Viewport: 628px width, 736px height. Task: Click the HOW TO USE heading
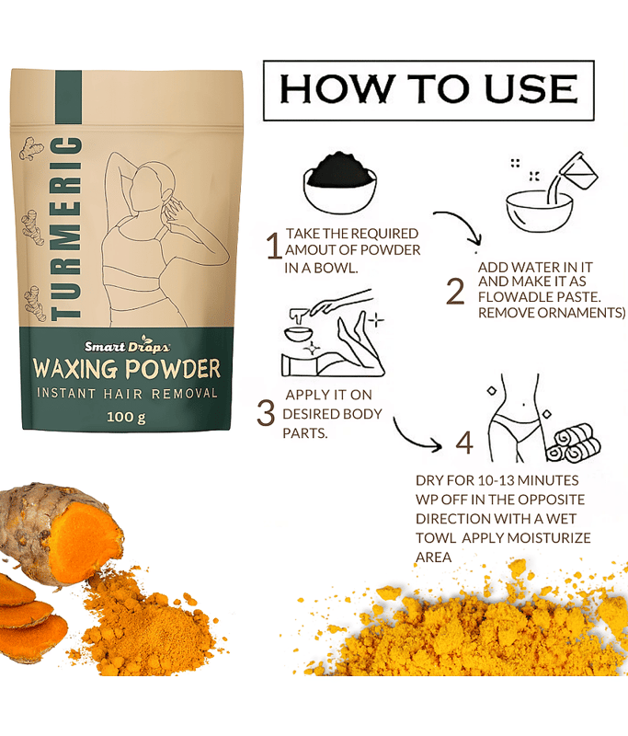[428, 88]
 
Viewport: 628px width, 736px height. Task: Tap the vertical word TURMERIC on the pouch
[66, 228]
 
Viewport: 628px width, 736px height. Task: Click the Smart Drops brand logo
[127, 346]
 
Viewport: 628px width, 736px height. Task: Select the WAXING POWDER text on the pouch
[127, 369]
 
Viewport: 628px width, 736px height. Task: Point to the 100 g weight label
[126, 417]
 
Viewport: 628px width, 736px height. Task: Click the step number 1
[274, 246]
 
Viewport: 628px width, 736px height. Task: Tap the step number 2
[455, 291]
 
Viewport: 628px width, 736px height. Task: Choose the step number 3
[266, 412]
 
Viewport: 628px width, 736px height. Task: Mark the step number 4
[464, 443]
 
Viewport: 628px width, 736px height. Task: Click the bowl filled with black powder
[340, 182]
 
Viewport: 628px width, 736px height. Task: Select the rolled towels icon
[573, 443]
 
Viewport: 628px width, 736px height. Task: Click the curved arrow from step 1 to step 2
[464, 221]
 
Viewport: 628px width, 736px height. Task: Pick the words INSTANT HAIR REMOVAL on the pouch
[127, 394]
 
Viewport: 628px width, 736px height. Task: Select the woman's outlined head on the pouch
[149, 187]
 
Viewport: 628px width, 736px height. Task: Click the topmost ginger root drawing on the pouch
[32, 149]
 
